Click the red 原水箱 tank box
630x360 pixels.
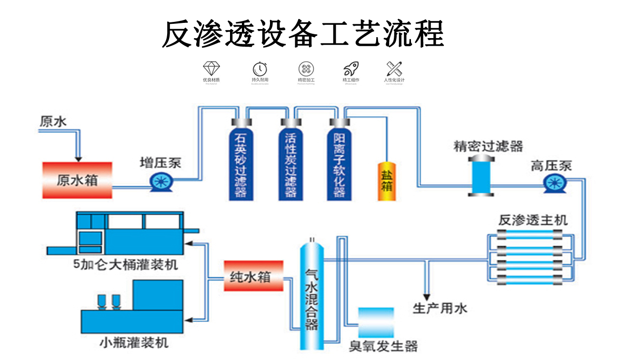tap(77, 180)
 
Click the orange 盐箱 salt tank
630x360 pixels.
tap(386, 181)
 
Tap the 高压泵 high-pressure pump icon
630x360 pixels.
tap(554, 183)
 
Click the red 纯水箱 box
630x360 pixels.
tap(253, 276)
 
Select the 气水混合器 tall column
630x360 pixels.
tap(311, 295)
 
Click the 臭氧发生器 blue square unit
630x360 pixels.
tap(376, 322)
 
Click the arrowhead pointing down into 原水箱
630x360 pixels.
tap(79, 157)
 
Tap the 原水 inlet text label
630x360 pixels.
tap(53, 122)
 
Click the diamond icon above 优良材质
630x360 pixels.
tap(211, 68)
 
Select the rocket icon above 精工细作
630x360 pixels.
tap(350, 68)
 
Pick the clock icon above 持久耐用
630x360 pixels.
tap(260, 68)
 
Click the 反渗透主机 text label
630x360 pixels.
tap(533, 220)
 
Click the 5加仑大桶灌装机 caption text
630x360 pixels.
tap(126, 264)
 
